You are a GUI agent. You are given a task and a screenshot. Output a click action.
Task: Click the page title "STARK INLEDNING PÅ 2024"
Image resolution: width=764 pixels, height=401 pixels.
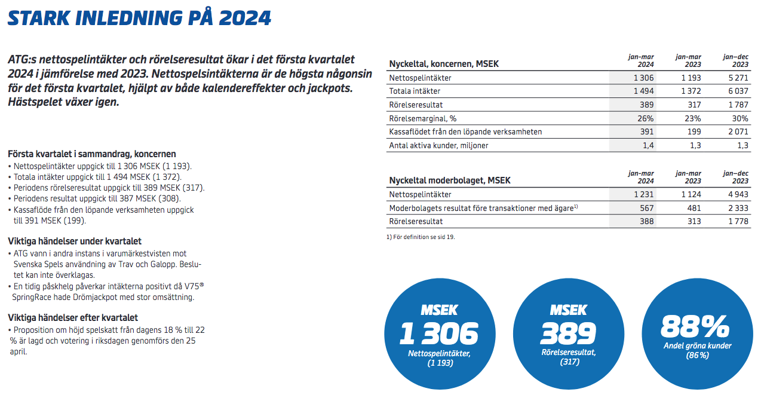[139, 19]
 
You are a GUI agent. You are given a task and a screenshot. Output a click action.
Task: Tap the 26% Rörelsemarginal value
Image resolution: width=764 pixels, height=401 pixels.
[646, 118]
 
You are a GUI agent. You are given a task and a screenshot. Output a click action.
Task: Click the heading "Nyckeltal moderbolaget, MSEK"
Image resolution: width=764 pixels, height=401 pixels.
[450, 180]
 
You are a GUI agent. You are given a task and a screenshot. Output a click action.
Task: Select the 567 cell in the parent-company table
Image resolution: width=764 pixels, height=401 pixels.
[646, 208]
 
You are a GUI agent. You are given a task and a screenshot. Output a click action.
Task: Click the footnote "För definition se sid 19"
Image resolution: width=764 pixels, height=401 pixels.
[421, 237]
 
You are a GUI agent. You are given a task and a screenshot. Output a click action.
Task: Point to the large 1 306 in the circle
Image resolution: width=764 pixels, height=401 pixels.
[439, 333]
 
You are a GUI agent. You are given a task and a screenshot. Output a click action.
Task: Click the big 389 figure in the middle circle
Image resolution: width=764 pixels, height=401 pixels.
[568, 333]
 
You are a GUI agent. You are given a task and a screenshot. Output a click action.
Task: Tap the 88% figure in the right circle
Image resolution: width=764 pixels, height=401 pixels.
[696, 326]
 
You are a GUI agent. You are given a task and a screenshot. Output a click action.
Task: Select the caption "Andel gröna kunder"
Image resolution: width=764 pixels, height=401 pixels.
[697, 346]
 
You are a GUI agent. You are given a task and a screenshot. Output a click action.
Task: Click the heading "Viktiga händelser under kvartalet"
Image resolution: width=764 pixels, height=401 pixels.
[75, 241]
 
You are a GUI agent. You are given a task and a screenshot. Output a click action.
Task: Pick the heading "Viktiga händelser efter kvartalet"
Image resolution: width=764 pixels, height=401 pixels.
[73, 318]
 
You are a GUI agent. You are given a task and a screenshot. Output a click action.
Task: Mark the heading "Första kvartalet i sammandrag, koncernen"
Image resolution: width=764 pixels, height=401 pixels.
[92, 154]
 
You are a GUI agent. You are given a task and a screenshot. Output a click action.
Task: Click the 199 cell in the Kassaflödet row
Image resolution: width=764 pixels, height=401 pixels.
[693, 131]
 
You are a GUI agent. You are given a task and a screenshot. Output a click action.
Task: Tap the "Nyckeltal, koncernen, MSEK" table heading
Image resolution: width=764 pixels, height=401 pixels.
[444, 64]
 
